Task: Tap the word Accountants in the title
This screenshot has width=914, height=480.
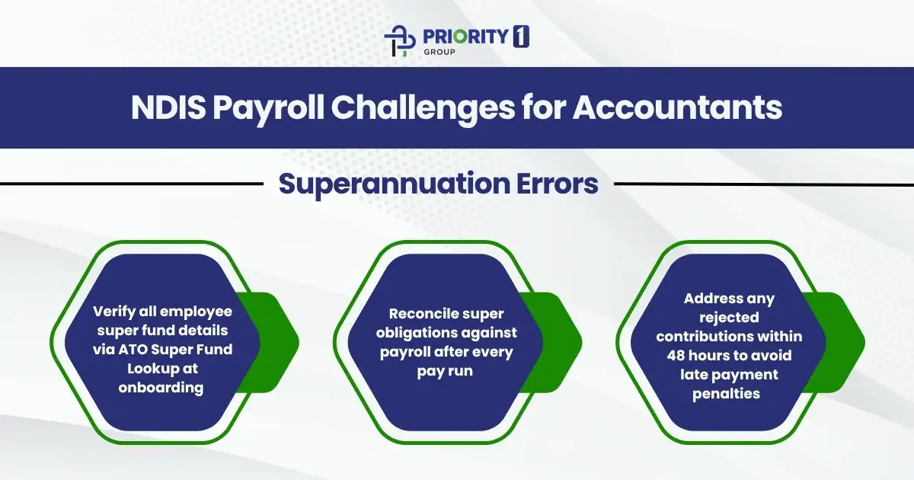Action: tap(677, 108)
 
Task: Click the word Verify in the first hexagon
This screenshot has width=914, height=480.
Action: tap(112, 312)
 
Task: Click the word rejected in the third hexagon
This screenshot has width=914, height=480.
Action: tap(729, 317)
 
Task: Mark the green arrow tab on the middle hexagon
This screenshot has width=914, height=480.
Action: tap(560, 341)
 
